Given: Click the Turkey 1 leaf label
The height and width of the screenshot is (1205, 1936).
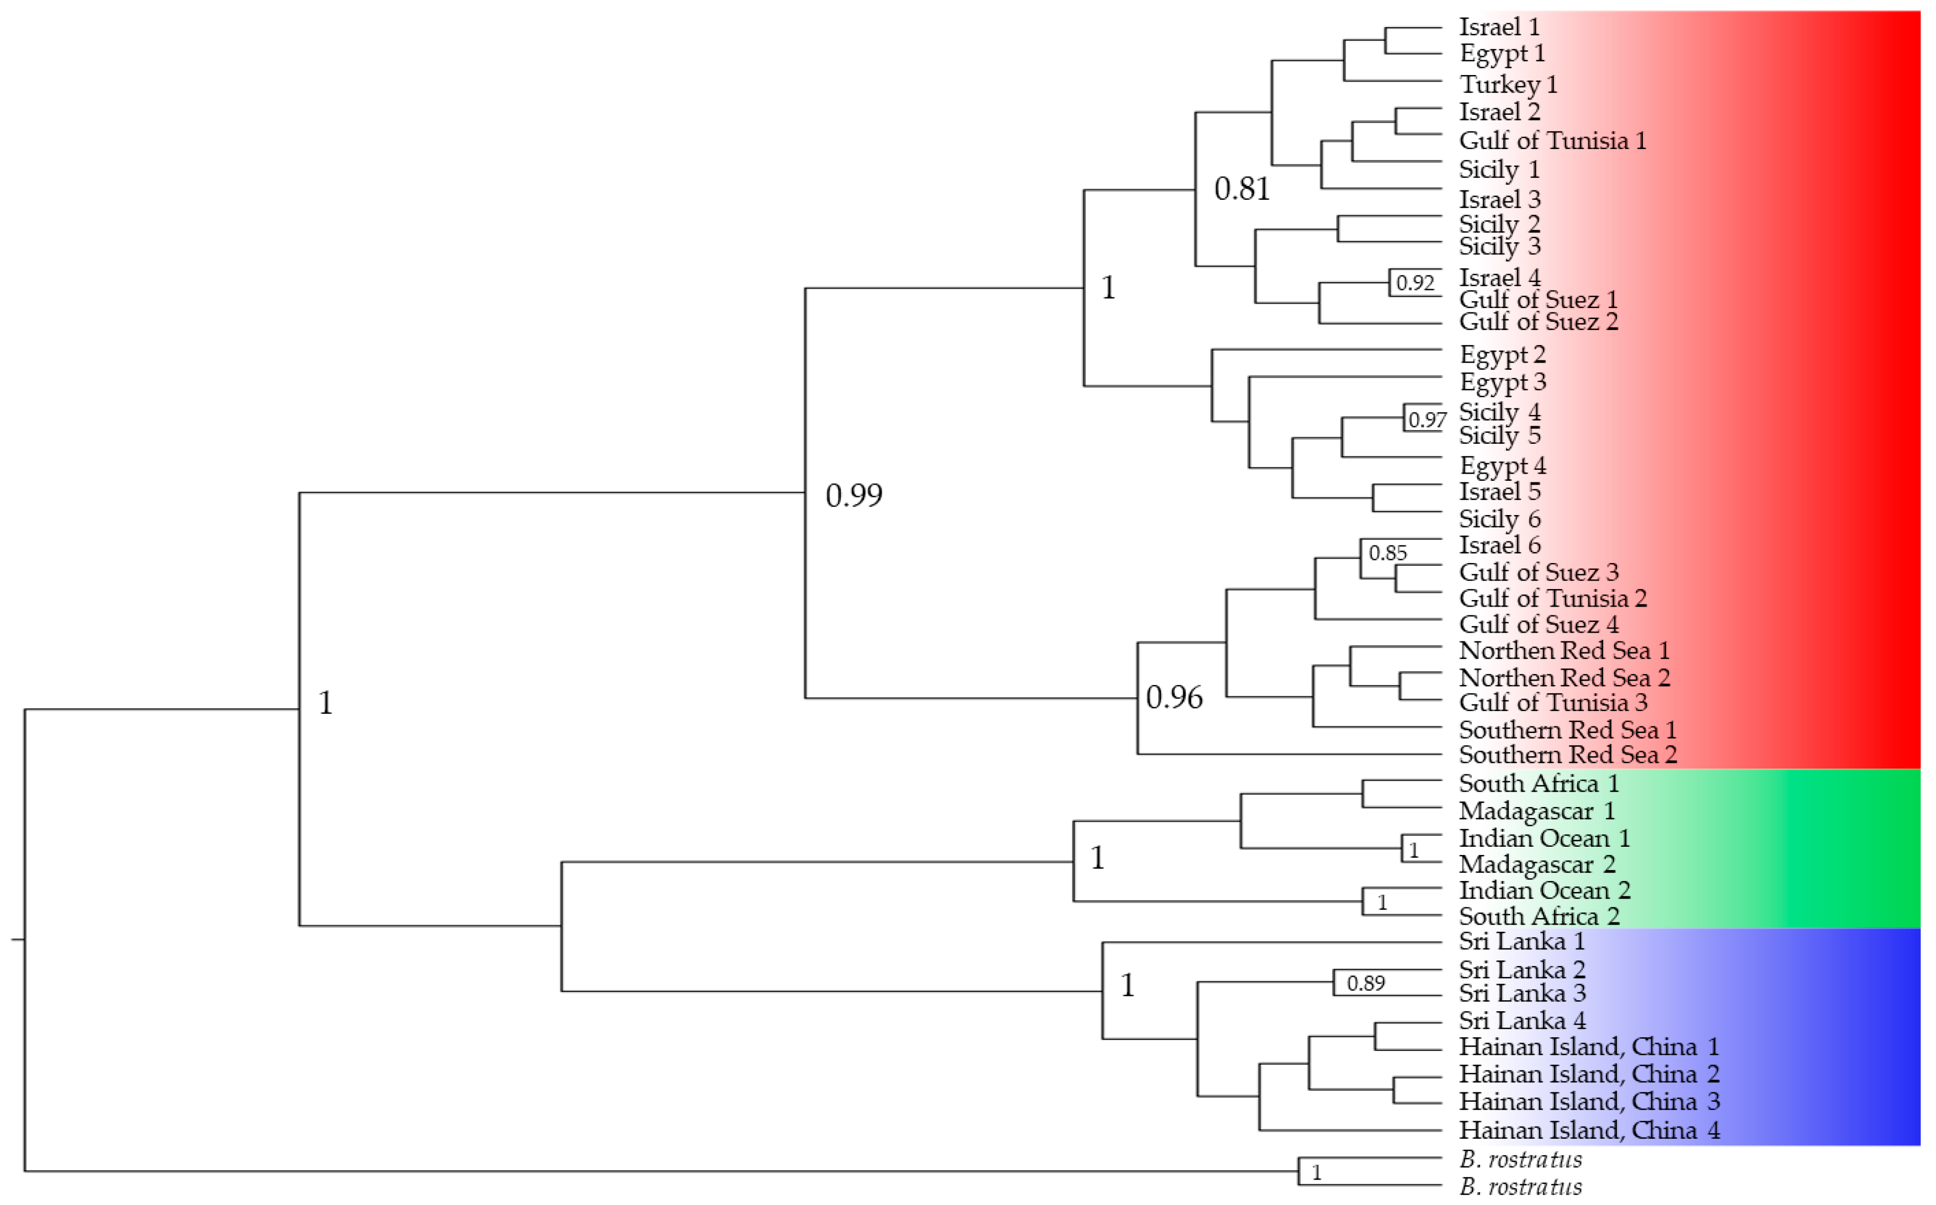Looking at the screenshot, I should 1507,84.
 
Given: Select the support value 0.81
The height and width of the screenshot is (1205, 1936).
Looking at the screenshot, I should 1241,189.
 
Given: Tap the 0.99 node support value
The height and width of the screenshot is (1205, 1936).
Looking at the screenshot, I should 853,496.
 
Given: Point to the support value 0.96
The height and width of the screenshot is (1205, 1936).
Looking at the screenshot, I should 1173,698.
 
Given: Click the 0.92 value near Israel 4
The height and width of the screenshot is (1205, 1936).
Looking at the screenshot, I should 1415,283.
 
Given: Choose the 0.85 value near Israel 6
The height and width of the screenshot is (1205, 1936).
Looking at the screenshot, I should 1388,553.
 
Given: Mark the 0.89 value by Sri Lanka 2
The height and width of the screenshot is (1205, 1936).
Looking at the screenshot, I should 1365,984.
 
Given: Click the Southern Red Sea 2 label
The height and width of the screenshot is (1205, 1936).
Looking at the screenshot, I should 1567,754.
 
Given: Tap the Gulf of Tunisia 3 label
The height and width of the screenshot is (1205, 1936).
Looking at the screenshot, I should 1553,702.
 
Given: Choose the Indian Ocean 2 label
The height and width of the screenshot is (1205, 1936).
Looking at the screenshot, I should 1544,890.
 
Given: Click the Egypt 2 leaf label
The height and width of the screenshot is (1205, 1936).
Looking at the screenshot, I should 1502,354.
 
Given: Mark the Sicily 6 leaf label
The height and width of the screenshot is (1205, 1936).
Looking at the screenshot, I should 1499,519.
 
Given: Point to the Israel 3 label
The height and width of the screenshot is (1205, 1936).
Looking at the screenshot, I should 1499,199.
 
